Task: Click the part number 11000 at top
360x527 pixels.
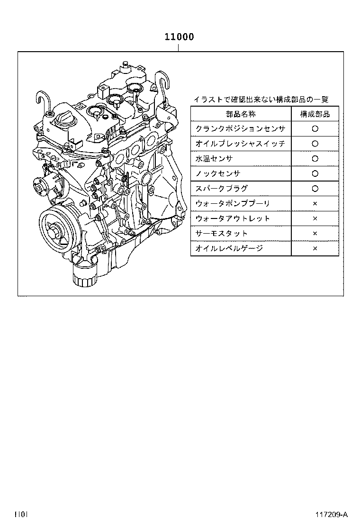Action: click(179, 37)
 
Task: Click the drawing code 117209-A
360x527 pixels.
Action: click(332, 515)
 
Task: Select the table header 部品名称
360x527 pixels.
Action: click(241, 114)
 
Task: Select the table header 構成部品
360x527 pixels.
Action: click(315, 114)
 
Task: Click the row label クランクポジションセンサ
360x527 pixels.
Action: click(240, 128)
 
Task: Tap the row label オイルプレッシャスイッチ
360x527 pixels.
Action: click(240, 144)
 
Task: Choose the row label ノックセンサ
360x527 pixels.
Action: click(218, 173)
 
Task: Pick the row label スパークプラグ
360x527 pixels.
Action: click(221, 188)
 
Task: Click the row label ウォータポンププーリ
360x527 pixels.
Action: click(233, 203)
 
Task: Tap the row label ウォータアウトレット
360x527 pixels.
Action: click(233, 218)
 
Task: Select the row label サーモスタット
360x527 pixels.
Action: click(221, 233)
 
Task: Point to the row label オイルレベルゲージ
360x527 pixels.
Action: click(229, 248)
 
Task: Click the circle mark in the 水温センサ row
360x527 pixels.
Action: click(315, 159)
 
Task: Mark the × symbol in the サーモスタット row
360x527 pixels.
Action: click(315, 234)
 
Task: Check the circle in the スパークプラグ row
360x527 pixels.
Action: click(315, 189)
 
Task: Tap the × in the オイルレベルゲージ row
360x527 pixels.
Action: click(315, 248)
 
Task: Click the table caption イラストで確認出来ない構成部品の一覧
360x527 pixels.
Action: click(261, 100)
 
